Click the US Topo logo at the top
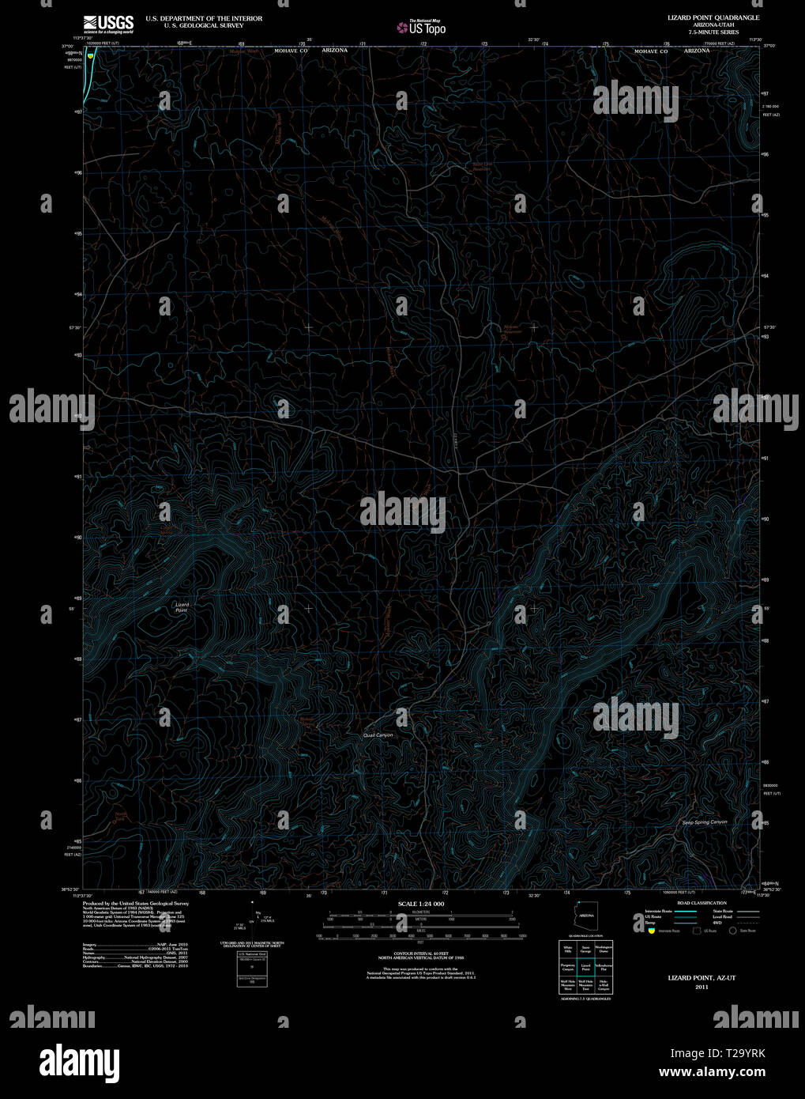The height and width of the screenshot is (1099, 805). (x=423, y=28)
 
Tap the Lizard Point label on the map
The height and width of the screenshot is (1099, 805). (x=182, y=607)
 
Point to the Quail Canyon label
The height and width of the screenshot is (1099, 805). (x=378, y=735)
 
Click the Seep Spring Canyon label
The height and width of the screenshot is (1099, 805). (x=705, y=822)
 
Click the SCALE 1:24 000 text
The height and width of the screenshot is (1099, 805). (x=421, y=904)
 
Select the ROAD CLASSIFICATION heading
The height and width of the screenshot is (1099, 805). (x=702, y=903)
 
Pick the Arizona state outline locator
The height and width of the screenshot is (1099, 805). (x=586, y=917)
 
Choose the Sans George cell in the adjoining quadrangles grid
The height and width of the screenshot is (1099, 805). (x=585, y=949)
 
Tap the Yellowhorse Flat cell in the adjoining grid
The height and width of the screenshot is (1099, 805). (x=604, y=967)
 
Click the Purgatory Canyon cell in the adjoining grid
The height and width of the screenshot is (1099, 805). (x=567, y=967)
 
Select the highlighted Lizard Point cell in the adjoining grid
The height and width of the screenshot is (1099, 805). (x=585, y=967)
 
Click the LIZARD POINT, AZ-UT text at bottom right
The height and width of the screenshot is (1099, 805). (x=702, y=978)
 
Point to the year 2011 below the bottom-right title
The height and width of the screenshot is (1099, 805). (x=702, y=988)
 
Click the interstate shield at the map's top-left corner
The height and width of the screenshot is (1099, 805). (x=92, y=56)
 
